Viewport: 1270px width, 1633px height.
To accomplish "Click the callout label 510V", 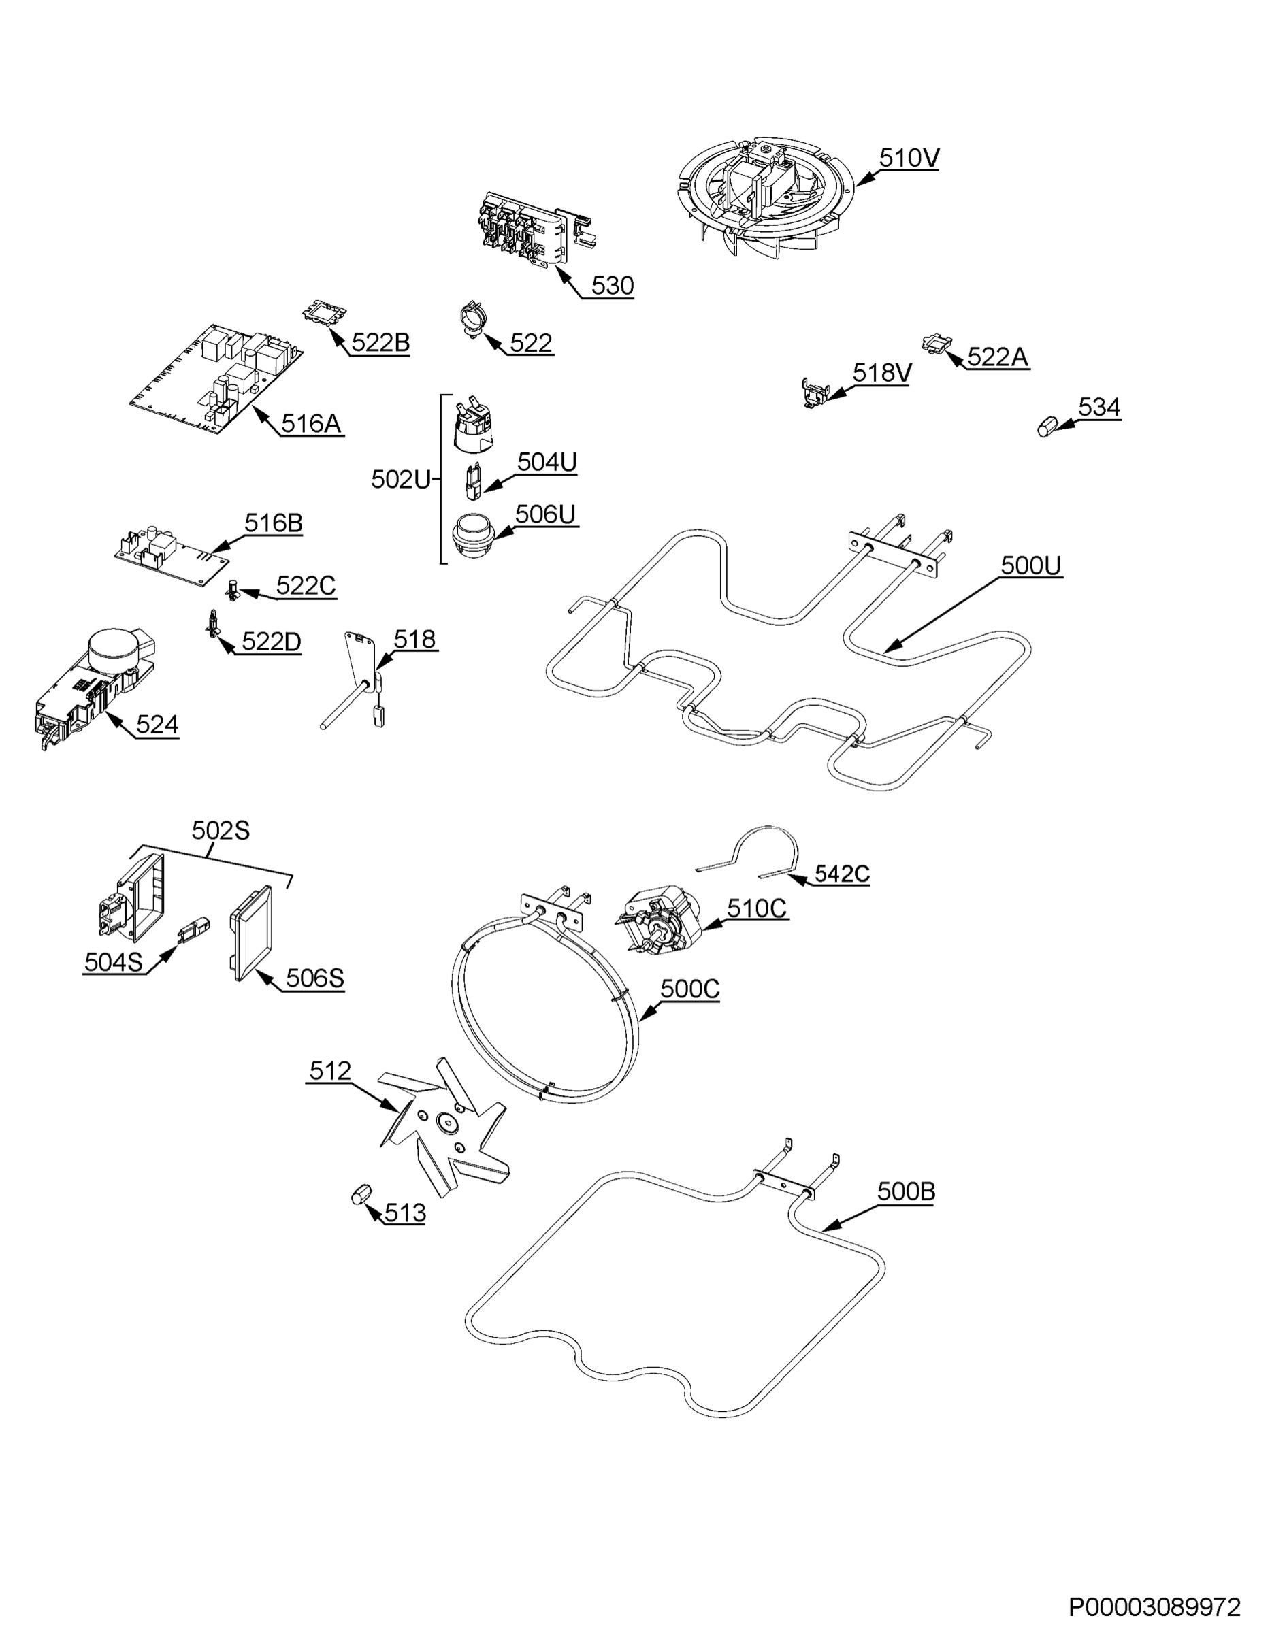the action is click(909, 158).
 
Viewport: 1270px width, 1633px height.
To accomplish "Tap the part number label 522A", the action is click(998, 357).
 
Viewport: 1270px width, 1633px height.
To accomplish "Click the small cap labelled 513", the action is click(361, 1193).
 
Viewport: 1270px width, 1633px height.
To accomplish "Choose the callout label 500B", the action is click(906, 1192).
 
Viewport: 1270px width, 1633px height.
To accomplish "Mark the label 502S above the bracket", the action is click(221, 830).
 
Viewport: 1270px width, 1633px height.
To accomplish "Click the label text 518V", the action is click(882, 373).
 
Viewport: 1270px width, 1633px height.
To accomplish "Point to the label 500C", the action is click(689, 989).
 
